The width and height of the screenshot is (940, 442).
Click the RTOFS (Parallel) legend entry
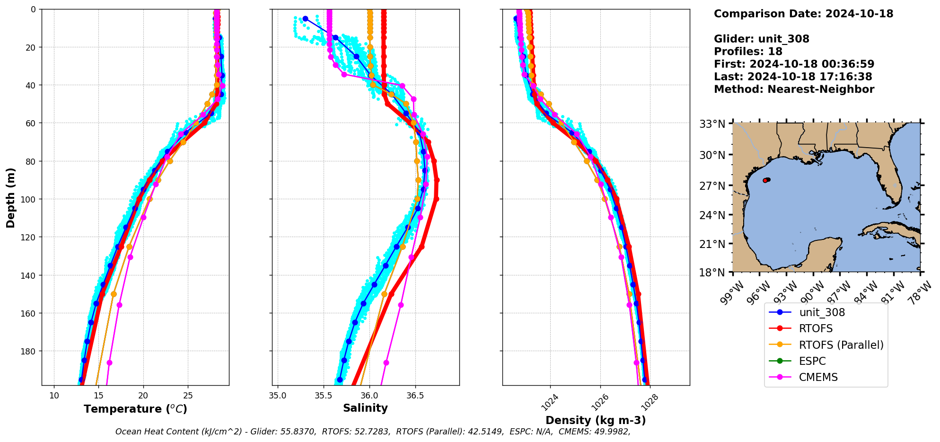[841, 345]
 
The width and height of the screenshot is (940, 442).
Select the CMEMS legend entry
[818, 377]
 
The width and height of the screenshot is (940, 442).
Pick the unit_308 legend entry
[822, 312]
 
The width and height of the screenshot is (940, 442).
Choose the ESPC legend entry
[812, 361]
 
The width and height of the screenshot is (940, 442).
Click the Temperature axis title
[135, 409]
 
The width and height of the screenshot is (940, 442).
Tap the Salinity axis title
[365, 408]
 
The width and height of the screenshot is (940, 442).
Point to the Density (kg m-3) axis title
[596, 420]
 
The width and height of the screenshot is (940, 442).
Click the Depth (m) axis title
[11, 197]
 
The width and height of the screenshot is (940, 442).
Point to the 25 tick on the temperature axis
[188, 396]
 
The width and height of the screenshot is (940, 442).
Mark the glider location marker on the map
[765, 180]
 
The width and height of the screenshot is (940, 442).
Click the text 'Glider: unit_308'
[761, 39]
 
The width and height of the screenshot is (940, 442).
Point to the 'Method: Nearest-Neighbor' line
[794, 89]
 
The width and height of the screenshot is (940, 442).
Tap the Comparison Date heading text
[803, 14]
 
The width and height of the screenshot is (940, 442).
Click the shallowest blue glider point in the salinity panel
[305, 18]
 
